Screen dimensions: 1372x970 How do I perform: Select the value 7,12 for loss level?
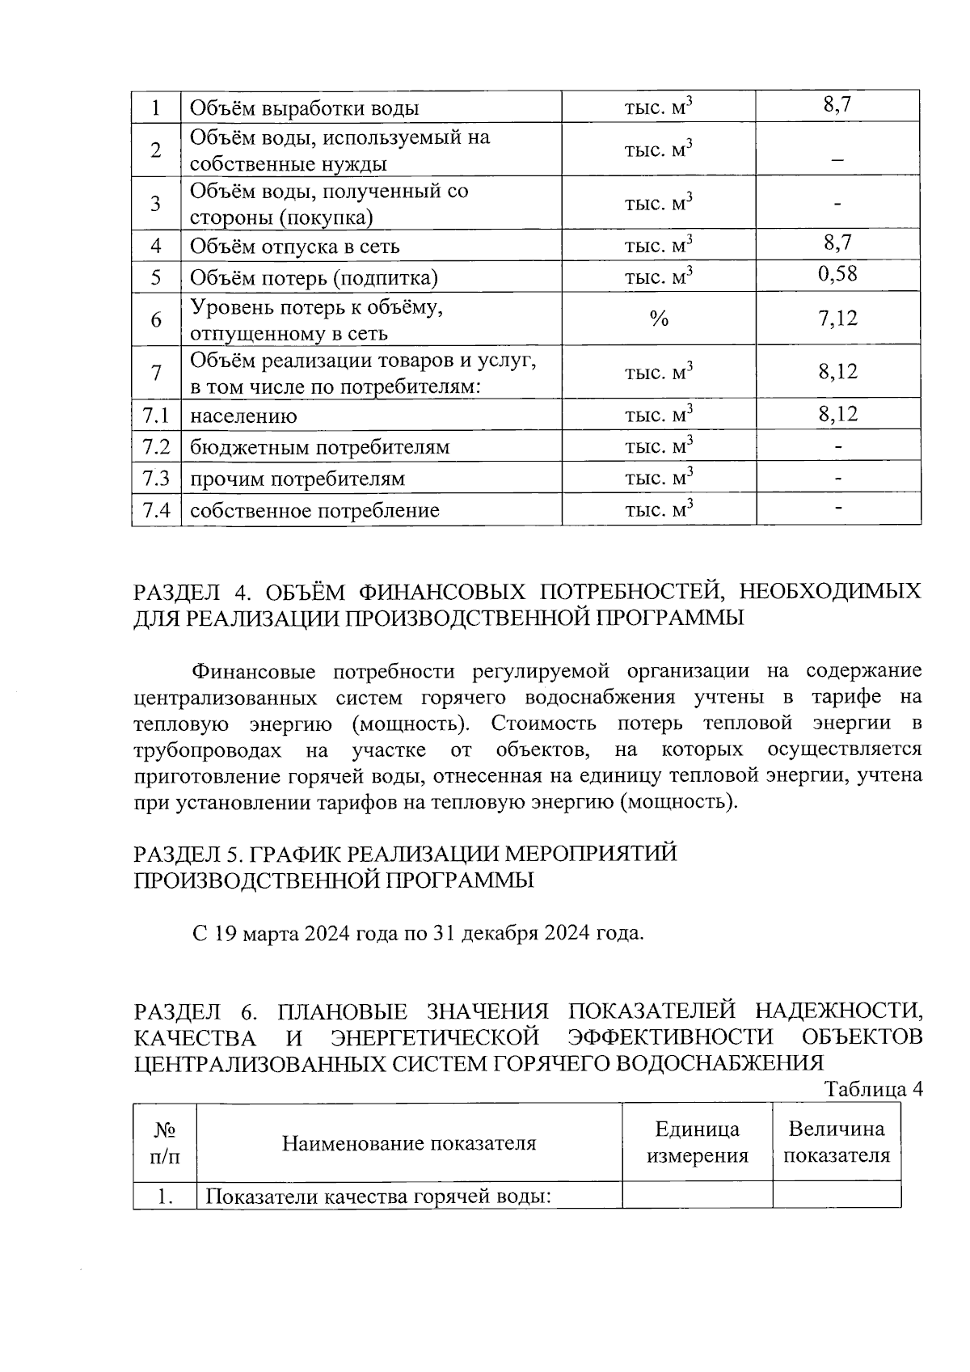click(837, 319)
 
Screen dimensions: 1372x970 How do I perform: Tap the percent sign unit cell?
click(659, 319)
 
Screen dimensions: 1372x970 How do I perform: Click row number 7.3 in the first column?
click(156, 478)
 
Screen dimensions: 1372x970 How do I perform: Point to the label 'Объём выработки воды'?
click(304, 108)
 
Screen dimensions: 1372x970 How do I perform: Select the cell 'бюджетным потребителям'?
click(319, 447)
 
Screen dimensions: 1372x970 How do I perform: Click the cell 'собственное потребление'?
click(314, 510)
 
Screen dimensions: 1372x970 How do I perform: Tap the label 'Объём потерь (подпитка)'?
click(314, 278)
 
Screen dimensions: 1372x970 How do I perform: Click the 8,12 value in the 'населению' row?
click(837, 414)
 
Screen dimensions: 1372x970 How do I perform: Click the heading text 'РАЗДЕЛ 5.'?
click(187, 854)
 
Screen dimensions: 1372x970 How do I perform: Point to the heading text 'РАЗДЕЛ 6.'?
click(195, 1011)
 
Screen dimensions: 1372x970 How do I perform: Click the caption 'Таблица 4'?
click(873, 1088)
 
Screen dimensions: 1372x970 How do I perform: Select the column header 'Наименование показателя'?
click(409, 1142)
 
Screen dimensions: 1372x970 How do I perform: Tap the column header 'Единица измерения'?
click(697, 1142)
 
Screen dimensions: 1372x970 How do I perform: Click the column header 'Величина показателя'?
click(837, 1142)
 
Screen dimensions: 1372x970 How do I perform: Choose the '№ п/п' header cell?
click(165, 1142)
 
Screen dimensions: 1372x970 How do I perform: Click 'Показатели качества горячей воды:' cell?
click(378, 1196)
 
